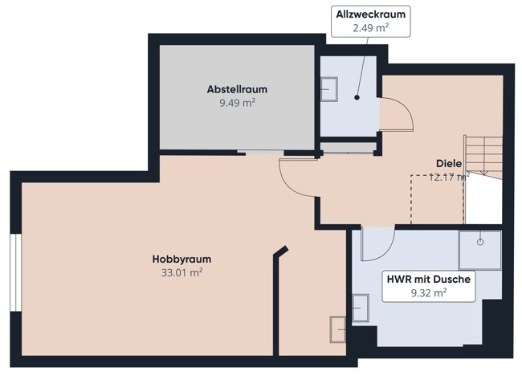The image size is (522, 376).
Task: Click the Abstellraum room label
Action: point(237,89)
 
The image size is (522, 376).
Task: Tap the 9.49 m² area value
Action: point(237,103)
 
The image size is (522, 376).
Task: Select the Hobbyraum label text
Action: point(181,260)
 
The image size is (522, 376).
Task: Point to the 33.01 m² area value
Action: point(181,272)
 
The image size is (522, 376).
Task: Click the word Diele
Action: point(449,164)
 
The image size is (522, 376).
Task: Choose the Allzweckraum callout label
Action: point(370,14)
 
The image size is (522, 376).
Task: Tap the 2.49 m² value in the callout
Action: point(370,28)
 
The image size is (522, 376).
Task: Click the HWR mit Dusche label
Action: point(429,279)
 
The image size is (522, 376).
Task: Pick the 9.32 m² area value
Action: point(429,293)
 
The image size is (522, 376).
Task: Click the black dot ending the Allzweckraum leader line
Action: point(357,97)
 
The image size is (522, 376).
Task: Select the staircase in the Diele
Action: point(483,157)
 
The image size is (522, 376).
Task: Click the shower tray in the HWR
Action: point(480,250)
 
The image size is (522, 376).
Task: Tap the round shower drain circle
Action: point(480,242)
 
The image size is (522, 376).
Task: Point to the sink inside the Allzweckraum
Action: point(329,89)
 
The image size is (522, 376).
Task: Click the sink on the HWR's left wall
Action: point(361,308)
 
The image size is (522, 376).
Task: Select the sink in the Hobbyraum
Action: point(337,329)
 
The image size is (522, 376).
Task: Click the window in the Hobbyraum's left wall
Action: point(16,272)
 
